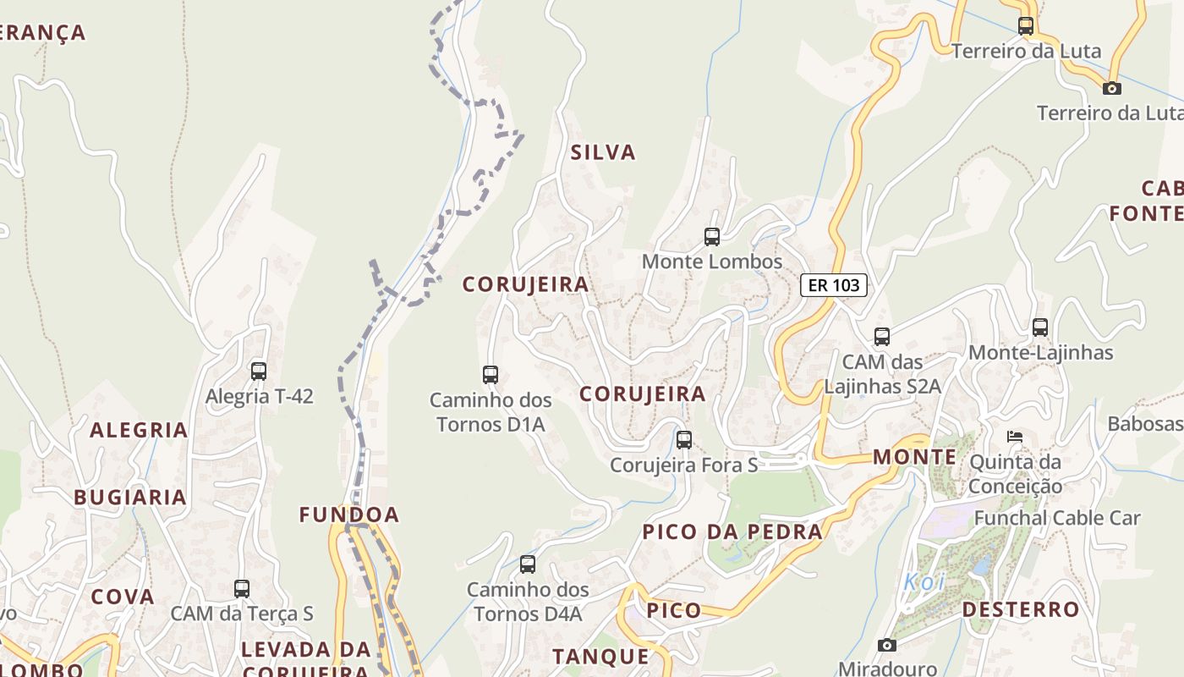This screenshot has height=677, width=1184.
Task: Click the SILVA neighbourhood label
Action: [x=602, y=153]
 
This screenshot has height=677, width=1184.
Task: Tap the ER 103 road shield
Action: [x=834, y=285]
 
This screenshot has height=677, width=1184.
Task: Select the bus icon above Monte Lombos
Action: [x=712, y=237]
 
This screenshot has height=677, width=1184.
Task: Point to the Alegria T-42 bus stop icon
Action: [x=259, y=371]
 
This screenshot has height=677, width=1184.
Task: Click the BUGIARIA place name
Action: [x=130, y=498]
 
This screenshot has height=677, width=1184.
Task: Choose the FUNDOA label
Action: [x=348, y=515]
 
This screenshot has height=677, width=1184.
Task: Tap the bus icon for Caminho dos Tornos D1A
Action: [x=490, y=374]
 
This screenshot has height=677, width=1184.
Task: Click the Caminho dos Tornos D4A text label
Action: [x=528, y=602]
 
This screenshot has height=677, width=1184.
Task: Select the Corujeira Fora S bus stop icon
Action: [x=684, y=440]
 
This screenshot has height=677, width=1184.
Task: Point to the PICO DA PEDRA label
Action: [x=732, y=532]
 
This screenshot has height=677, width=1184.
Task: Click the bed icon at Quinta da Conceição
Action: [x=1015, y=437]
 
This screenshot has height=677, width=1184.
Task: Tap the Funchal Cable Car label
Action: [x=1057, y=518]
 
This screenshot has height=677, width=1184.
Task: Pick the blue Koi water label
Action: [x=924, y=582]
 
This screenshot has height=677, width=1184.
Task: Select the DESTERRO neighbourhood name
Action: [x=1021, y=609]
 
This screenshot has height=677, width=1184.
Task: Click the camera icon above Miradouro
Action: [x=886, y=646]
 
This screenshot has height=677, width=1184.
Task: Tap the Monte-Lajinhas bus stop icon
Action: [x=1040, y=327]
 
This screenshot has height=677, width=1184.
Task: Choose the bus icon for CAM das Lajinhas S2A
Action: [x=882, y=337]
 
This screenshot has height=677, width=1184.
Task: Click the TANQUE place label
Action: [x=600, y=656]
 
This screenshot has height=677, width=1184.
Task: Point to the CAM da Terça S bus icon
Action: [x=242, y=589]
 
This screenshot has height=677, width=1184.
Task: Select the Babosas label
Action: [x=1145, y=424]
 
